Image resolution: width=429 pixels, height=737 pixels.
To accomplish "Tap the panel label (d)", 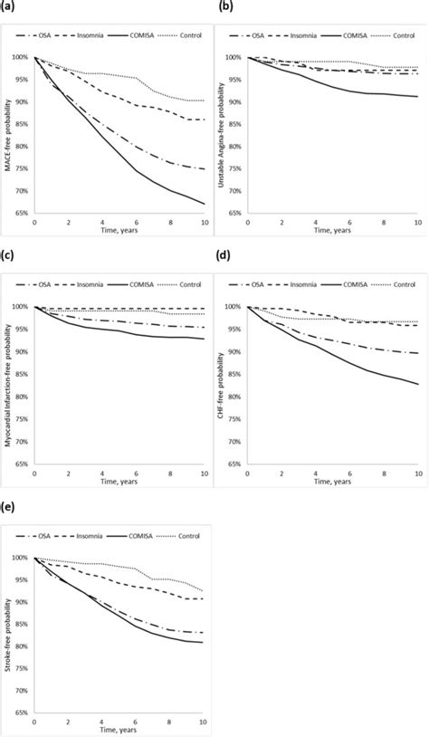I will (224, 256).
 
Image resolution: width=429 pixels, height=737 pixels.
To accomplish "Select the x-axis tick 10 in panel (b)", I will (417, 222).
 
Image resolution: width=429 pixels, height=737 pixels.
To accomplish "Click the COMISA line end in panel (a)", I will (204, 204).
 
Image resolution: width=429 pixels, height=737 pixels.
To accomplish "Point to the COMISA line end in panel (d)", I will (417, 384).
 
